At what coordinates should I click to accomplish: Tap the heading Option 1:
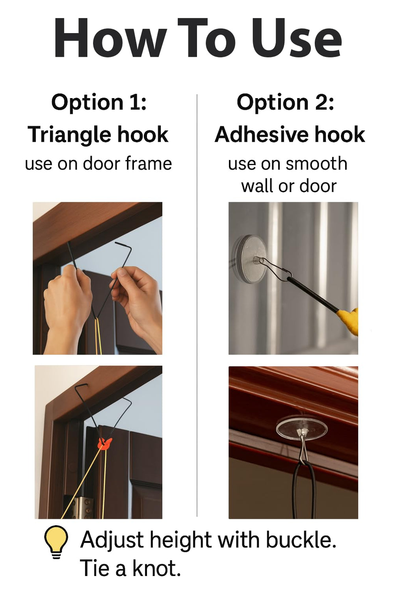pyautogui.click(x=99, y=103)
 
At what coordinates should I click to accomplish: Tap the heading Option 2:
pyautogui.click(x=285, y=102)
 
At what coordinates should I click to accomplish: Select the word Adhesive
pyautogui.click(x=261, y=135)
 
